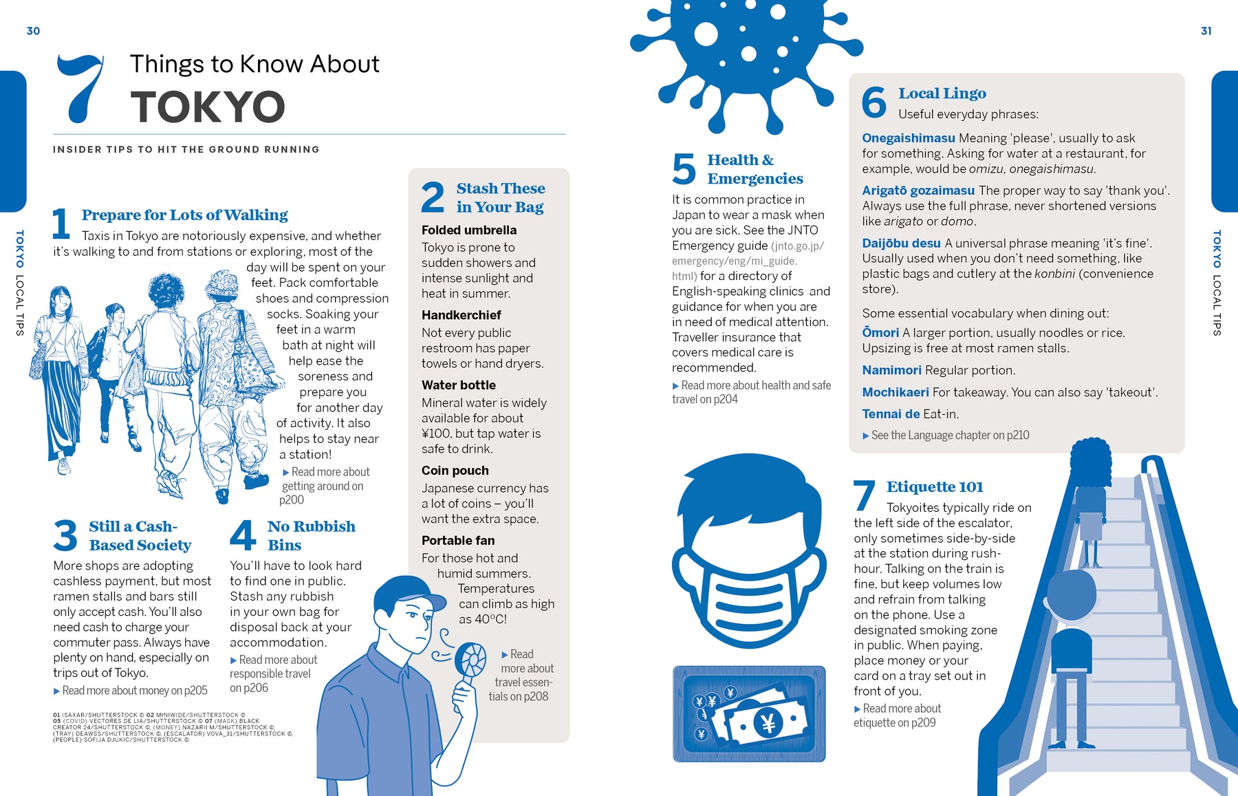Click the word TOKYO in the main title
click(x=208, y=107)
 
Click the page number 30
click(x=33, y=31)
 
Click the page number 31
click(x=1206, y=31)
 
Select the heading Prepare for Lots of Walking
click(x=184, y=215)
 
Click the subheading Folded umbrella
click(x=469, y=230)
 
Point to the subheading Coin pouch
click(x=455, y=471)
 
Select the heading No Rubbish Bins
click(x=312, y=535)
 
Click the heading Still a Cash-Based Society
click(x=140, y=535)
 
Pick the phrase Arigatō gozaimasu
click(x=918, y=191)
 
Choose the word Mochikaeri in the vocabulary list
click(x=895, y=392)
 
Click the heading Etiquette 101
click(x=935, y=486)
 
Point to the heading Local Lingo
click(x=942, y=93)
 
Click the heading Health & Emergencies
click(x=755, y=169)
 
